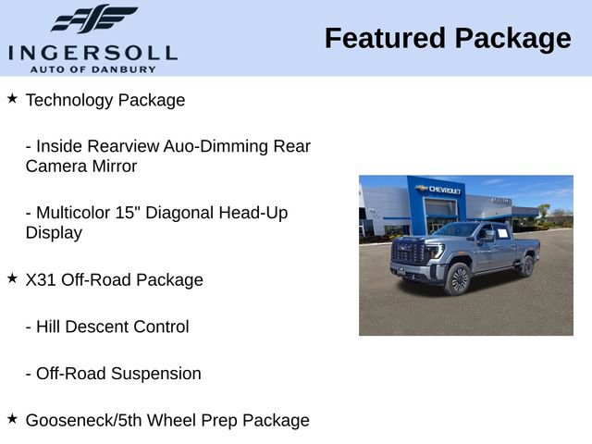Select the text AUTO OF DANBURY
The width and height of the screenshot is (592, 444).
coord(92,68)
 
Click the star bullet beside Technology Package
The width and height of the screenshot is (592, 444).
coord(12,97)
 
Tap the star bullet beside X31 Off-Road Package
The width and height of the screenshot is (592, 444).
coord(12,277)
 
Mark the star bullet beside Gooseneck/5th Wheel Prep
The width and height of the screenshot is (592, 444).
coord(12,418)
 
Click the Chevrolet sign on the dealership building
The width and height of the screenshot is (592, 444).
coord(440,189)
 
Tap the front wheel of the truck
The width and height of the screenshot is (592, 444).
coord(458,278)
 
